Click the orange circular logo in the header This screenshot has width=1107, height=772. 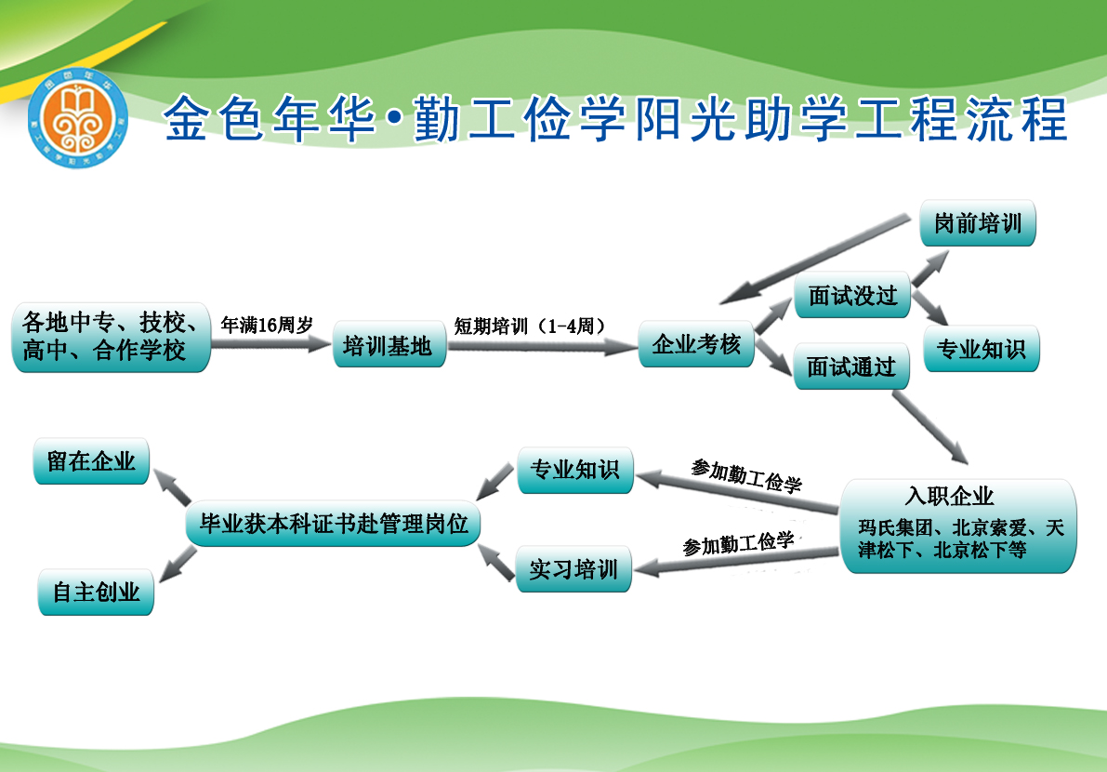pyautogui.click(x=78, y=116)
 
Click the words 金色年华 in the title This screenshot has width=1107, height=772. pyautogui.click(x=270, y=117)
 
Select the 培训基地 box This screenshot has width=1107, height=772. pyautogui.click(x=389, y=346)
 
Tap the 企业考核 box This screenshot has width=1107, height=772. pyautogui.click(x=696, y=344)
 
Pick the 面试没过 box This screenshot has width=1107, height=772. pyautogui.click(x=852, y=296)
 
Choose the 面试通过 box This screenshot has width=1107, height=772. pyautogui.click(x=850, y=366)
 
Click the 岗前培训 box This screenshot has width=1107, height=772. pyautogui.click(x=977, y=224)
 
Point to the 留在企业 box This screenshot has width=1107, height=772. pyautogui.click(x=91, y=461)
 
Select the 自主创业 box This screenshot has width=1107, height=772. pyautogui.click(x=96, y=592)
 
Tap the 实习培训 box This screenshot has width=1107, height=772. pyautogui.click(x=573, y=568)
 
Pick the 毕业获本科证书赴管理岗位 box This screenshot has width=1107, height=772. pyautogui.click(x=334, y=524)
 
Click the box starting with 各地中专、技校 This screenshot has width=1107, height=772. pyautogui.click(x=111, y=337)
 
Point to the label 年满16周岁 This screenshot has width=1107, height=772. pyautogui.click(x=266, y=325)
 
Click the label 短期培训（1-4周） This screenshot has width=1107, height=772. pyautogui.click(x=531, y=326)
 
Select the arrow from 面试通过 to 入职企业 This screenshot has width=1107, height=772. pyautogui.click(x=930, y=427)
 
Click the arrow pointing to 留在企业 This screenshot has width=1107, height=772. pyautogui.click(x=172, y=486)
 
